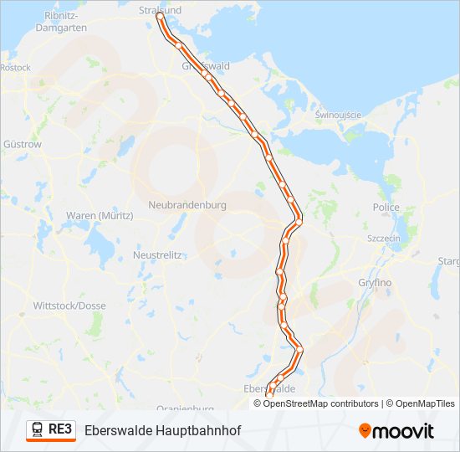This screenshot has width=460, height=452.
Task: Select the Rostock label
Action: point(15,68)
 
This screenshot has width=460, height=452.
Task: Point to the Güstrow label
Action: point(23,144)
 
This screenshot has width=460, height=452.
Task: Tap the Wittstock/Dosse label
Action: point(69,306)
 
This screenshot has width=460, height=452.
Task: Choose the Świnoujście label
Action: point(338,115)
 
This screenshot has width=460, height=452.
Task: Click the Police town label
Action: point(386,208)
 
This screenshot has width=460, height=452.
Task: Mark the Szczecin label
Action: point(384,239)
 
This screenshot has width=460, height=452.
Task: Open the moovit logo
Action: point(396,431)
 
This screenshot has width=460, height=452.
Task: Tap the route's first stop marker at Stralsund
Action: point(160,16)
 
